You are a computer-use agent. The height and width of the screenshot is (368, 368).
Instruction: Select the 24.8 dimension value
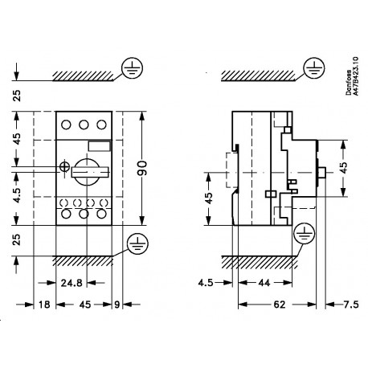pyautogui.click(x=70, y=283)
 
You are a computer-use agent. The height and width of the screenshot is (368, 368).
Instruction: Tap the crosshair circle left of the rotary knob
pyautogui.click(x=65, y=168)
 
